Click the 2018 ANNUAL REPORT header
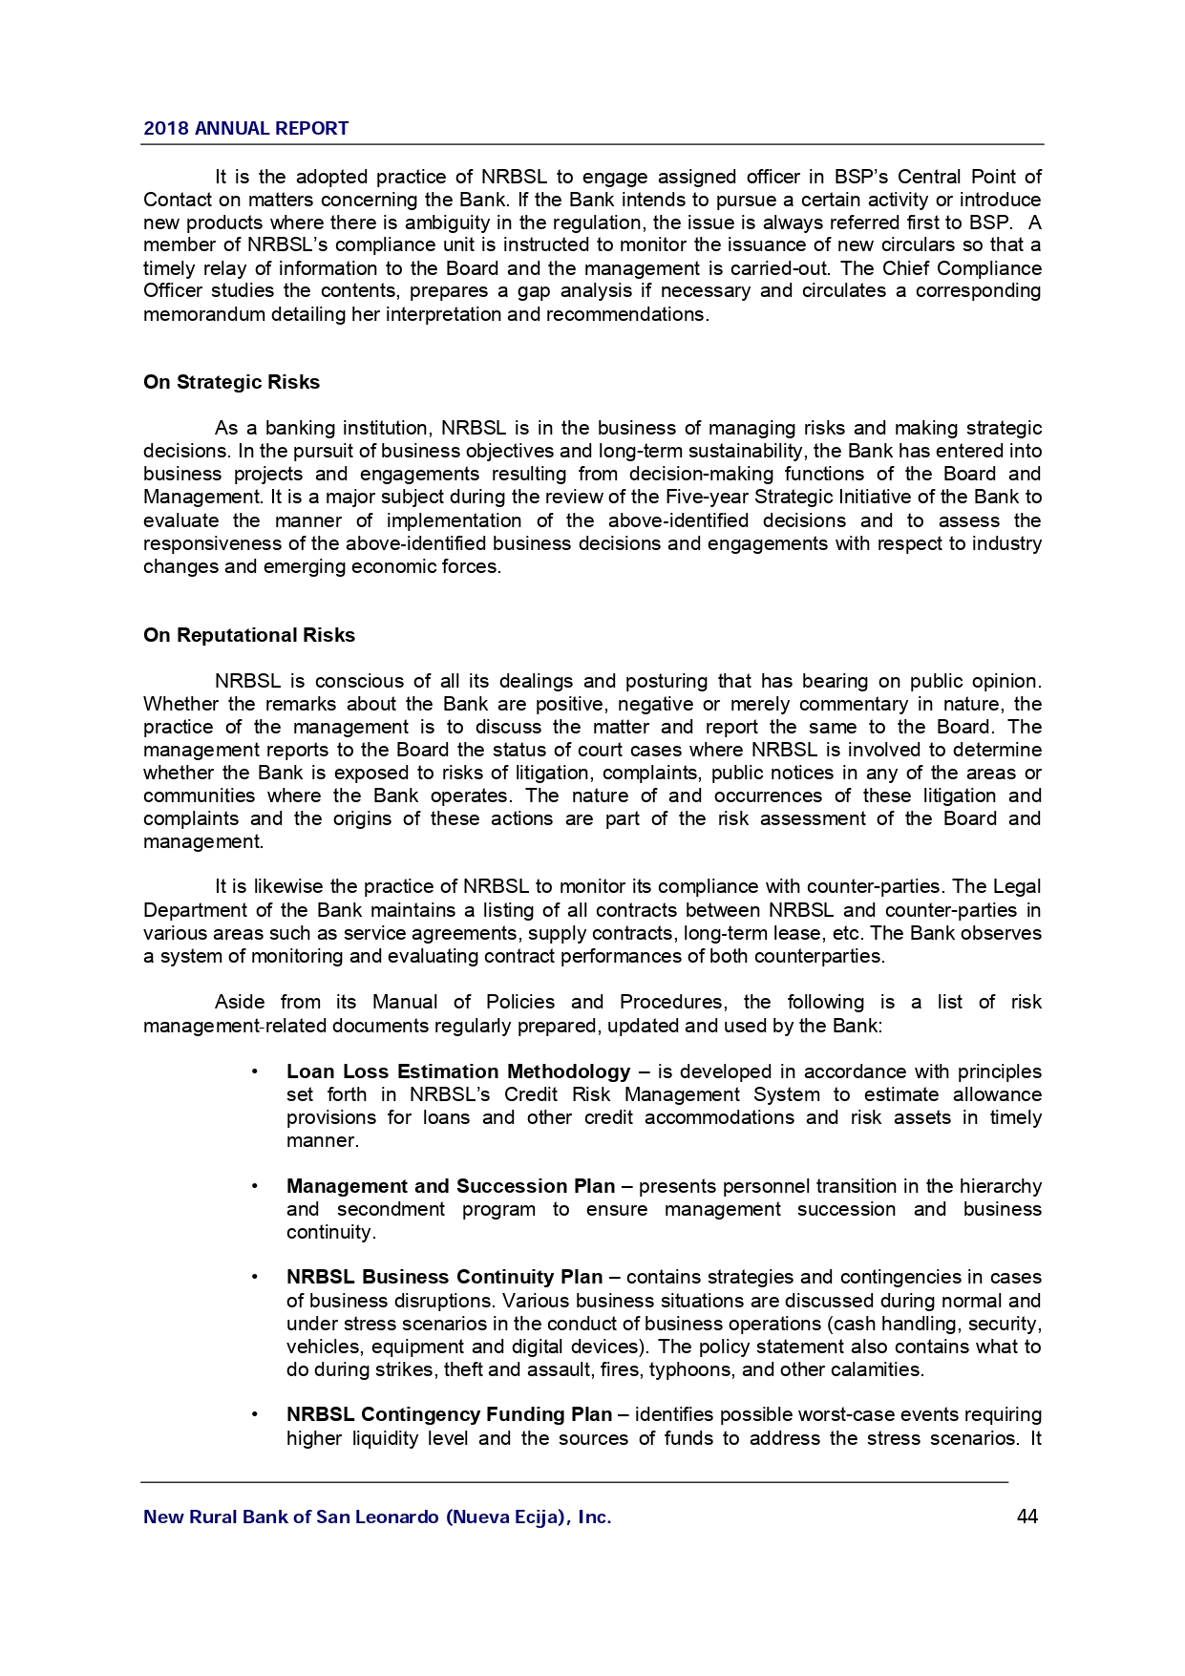pyautogui.click(x=245, y=129)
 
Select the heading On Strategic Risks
pyautogui.click(x=231, y=382)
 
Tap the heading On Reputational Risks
pyautogui.click(x=248, y=635)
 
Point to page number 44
pyautogui.click(x=1027, y=1517)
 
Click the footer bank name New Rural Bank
pyautogui.click(x=376, y=1517)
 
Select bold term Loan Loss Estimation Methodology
pyautogui.click(x=457, y=1071)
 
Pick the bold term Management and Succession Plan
pyautogui.click(x=450, y=1186)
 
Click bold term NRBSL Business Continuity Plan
pyautogui.click(x=444, y=1277)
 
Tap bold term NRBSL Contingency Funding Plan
pyautogui.click(x=449, y=1414)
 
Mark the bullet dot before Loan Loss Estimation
pyautogui.click(x=255, y=1071)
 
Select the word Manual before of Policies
pyautogui.click(x=405, y=1002)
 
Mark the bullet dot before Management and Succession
pyautogui.click(x=255, y=1186)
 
